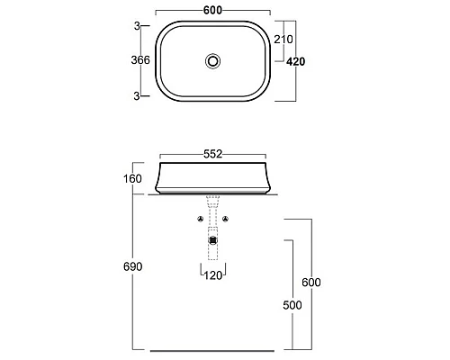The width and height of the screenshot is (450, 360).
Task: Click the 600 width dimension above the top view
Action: (212, 10)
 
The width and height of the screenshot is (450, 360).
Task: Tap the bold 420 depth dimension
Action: (295, 61)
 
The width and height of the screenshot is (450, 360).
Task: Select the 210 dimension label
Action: (283, 40)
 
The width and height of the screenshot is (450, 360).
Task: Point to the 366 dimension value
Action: (140, 60)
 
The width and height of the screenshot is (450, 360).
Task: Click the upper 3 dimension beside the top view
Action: (137, 26)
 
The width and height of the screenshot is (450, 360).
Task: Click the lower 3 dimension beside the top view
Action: (137, 96)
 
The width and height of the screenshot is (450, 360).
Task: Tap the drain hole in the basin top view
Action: (213, 61)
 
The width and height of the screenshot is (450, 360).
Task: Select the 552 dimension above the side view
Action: (212, 154)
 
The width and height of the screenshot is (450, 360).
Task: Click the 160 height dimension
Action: (132, 179)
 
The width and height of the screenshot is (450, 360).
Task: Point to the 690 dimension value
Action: (132, 266)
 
